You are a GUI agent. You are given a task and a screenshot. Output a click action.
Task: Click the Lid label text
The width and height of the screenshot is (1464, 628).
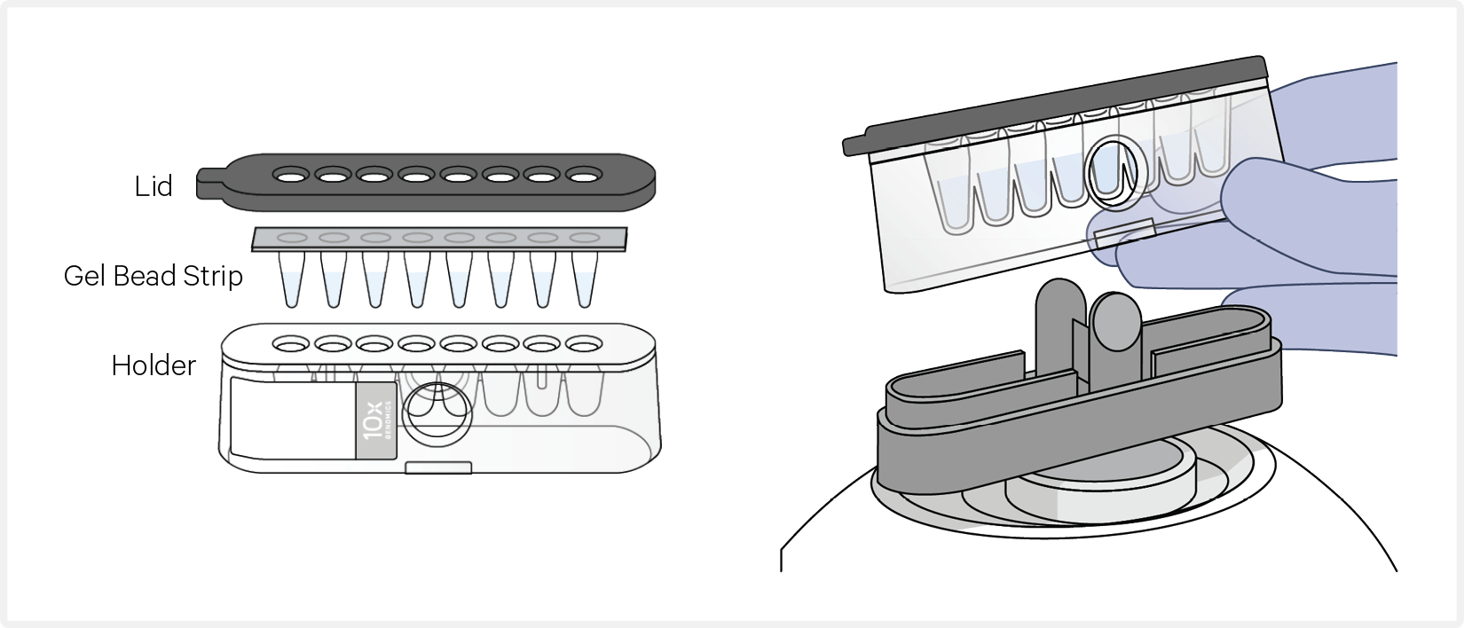tap(153, 186)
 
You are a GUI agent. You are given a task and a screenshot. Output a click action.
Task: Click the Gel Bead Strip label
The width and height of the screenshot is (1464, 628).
tap(153, 277)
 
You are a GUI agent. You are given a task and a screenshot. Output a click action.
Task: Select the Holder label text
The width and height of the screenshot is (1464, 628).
tap(153, 365)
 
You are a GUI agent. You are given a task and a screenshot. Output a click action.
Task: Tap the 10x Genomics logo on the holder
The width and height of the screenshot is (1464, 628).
tap(375, 420)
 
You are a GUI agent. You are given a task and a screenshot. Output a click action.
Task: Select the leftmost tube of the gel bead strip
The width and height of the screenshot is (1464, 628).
tap(291, 279)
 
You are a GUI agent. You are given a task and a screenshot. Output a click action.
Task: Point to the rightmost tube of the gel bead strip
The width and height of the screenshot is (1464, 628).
tap(583, 279)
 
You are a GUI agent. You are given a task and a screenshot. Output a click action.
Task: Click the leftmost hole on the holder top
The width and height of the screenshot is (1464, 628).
tap(290, 343)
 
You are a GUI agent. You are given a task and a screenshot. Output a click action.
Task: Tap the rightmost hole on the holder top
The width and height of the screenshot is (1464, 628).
tap(584, 343)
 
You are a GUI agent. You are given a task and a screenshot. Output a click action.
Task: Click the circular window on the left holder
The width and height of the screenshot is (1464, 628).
tap(437, 413)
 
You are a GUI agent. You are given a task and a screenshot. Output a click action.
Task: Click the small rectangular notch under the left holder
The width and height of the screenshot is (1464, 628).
tap(437, 467)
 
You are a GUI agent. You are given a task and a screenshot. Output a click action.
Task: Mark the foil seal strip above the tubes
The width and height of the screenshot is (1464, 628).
tap(439, 238)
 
